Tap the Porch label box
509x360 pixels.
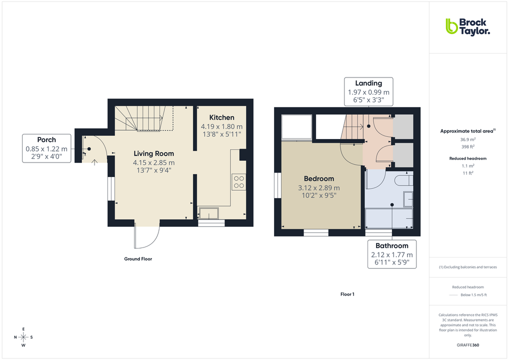46,148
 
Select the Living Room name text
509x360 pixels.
153,153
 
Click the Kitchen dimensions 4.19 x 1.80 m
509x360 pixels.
221,126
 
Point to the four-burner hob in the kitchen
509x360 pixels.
238,181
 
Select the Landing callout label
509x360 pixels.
368,91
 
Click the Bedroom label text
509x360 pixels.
319,178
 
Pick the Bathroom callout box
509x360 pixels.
392,254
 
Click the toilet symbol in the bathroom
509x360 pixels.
403,180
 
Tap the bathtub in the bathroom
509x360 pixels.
389,218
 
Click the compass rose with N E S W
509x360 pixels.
23,336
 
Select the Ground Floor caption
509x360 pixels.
138,259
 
